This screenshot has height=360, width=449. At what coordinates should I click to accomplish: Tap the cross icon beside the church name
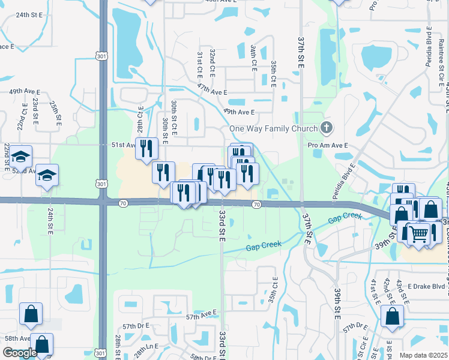(x=326, y=127)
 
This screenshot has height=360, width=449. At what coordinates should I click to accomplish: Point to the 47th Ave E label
(x=212, y=92)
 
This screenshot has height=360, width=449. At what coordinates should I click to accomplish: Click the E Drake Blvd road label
(x=427, y=270)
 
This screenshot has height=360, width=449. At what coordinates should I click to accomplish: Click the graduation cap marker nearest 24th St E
(x=47, y=175)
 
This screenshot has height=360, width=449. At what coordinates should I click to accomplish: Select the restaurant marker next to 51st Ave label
(x=146, y=148)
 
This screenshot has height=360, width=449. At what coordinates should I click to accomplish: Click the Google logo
(x=20, y=353)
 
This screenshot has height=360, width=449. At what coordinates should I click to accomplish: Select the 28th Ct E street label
(x=140, y=120)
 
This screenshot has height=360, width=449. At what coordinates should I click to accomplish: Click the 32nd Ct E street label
(x=212, y=62)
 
